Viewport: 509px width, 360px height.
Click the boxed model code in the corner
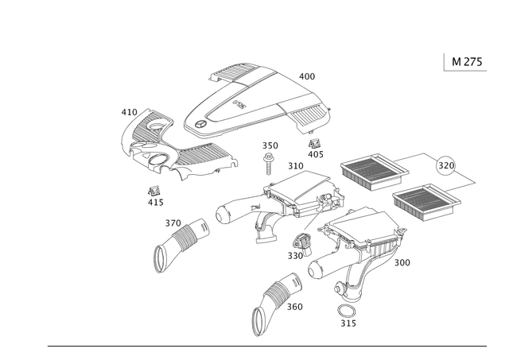tap(464, 61)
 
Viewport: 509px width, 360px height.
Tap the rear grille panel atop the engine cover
tap(235, 76)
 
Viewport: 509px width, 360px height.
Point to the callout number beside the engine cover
tap(307, 75)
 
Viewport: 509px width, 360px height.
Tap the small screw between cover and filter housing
tap(270, 160)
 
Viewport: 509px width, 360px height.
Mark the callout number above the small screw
tap(270, 145)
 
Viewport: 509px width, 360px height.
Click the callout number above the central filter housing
tap(295, 166)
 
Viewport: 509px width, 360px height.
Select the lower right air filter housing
tap(362, 238)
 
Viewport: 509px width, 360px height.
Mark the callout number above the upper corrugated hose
tap(173, 220)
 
